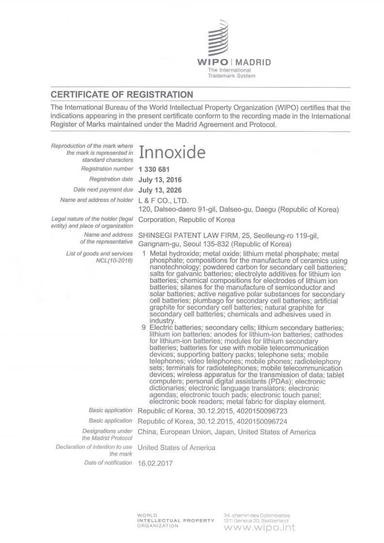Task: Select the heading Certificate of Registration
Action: coord(122,94)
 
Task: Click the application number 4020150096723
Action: coord(263,411)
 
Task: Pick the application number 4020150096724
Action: coord(263,421)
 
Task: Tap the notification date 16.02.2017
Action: coord(155,463)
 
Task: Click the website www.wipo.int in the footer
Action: coord(260,528)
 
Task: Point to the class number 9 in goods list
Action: coord(144,328)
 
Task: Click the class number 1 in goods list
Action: coord(144,254)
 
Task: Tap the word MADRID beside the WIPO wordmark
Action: coord(253,62)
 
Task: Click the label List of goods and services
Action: coord(99,254)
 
